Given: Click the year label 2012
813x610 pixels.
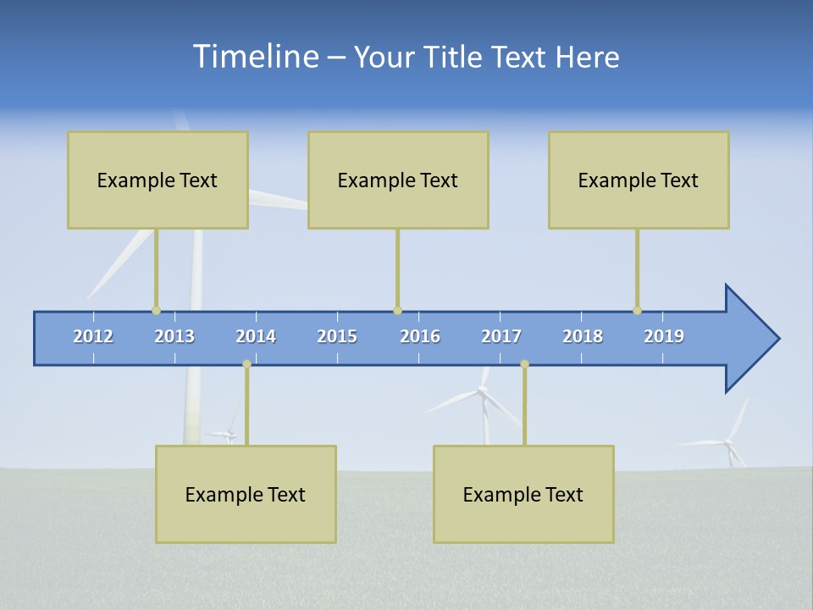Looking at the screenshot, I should (93, 336).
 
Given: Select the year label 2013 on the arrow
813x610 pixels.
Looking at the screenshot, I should (174, 336).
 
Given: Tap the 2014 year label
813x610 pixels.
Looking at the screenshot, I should (256, 336).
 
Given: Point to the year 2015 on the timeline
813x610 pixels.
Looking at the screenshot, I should (337, 336).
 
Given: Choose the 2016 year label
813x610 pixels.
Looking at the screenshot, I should (420, 336).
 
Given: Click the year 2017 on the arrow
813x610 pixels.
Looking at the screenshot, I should (501, 336).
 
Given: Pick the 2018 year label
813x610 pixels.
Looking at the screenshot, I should (583, 336).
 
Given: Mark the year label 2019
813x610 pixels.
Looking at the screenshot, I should (664, 336).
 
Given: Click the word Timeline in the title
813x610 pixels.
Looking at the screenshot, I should (254, 57).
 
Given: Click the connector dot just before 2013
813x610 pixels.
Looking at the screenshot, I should (156, 311).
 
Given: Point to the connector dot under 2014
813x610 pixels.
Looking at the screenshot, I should (246, 364).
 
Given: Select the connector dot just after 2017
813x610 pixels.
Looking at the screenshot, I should (524, 364).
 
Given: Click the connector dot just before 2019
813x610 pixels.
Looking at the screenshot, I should (637, 311).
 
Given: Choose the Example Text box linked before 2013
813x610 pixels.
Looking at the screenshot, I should (158, 180).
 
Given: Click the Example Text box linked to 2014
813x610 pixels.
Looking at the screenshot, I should (246, 494).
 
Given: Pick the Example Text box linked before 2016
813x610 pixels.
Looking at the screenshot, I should (398, 180).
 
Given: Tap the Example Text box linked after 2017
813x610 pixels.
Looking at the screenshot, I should (523, 494).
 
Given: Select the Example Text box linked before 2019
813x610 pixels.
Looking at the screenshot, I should (639, 180).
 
